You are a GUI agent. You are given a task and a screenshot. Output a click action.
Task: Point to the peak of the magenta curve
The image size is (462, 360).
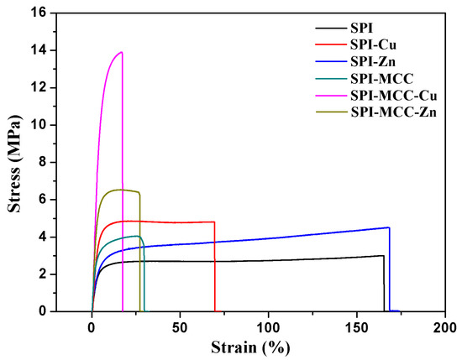coord(122,52)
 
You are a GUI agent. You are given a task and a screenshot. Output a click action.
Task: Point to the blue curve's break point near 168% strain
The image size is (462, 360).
coord(389,227)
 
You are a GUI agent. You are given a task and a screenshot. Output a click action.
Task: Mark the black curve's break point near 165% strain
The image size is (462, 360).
coord(384,256)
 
